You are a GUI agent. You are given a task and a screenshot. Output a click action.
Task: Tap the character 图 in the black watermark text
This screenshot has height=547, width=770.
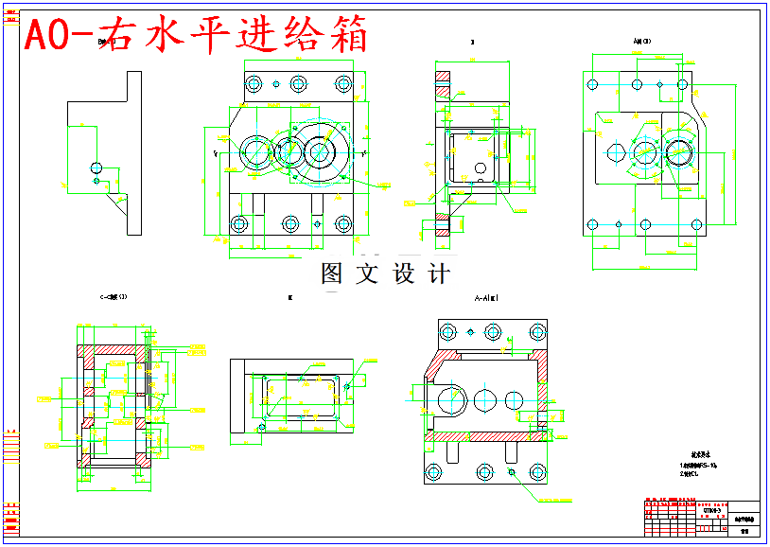point(332,273)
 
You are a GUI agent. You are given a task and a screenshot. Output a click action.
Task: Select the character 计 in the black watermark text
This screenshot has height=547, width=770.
point(439,273)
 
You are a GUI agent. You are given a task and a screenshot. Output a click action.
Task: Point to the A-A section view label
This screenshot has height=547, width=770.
point(486,297)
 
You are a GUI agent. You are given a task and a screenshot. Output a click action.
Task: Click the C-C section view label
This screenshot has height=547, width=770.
point(114,297)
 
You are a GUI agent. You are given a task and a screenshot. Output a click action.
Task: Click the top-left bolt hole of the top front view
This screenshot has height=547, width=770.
point(253,84)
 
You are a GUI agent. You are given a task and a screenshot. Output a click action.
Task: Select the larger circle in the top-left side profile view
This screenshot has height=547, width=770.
point(96,168)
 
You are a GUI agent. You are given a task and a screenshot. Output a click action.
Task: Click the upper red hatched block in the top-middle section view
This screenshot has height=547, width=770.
point(443,78)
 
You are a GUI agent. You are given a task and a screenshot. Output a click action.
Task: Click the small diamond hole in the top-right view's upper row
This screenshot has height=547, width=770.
point(659,84)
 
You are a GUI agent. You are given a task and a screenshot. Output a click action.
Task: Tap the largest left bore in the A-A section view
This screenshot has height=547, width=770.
point(449,398)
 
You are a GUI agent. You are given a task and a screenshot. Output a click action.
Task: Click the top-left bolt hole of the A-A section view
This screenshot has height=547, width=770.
point(447,332)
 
